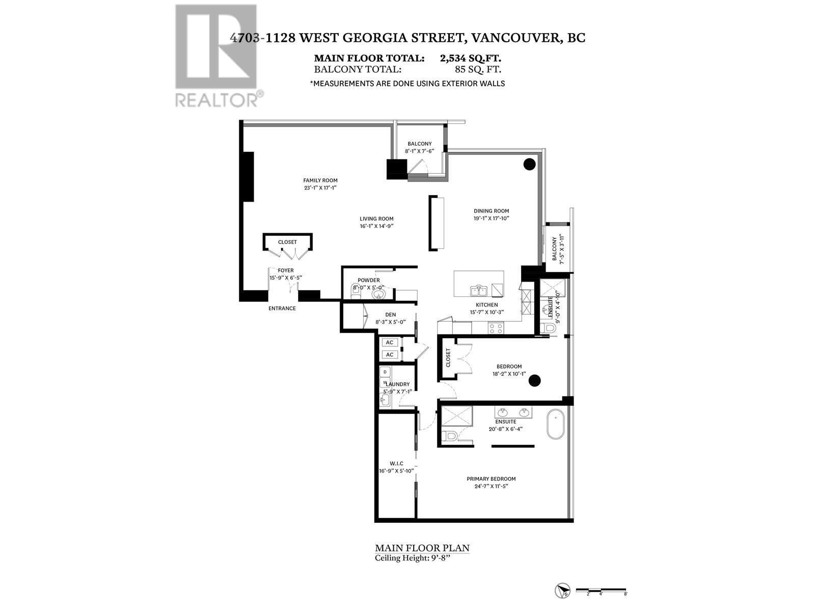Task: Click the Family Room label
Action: click(320, 180)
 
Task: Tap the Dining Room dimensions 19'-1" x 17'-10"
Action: click(491, 218)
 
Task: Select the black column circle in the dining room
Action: click(529, 164)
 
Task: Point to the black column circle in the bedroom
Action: click(534, 380)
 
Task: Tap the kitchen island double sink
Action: click(478, 291)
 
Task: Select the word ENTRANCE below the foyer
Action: click(282, 309)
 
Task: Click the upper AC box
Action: click(390, 343)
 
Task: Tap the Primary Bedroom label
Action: click(491, 479)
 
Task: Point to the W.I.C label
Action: click(396, 463)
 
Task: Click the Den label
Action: click(390, 315)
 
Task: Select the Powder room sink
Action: click(377, 294)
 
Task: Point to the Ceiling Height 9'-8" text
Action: click(413, 558)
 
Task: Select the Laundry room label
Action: click(397, 384)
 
